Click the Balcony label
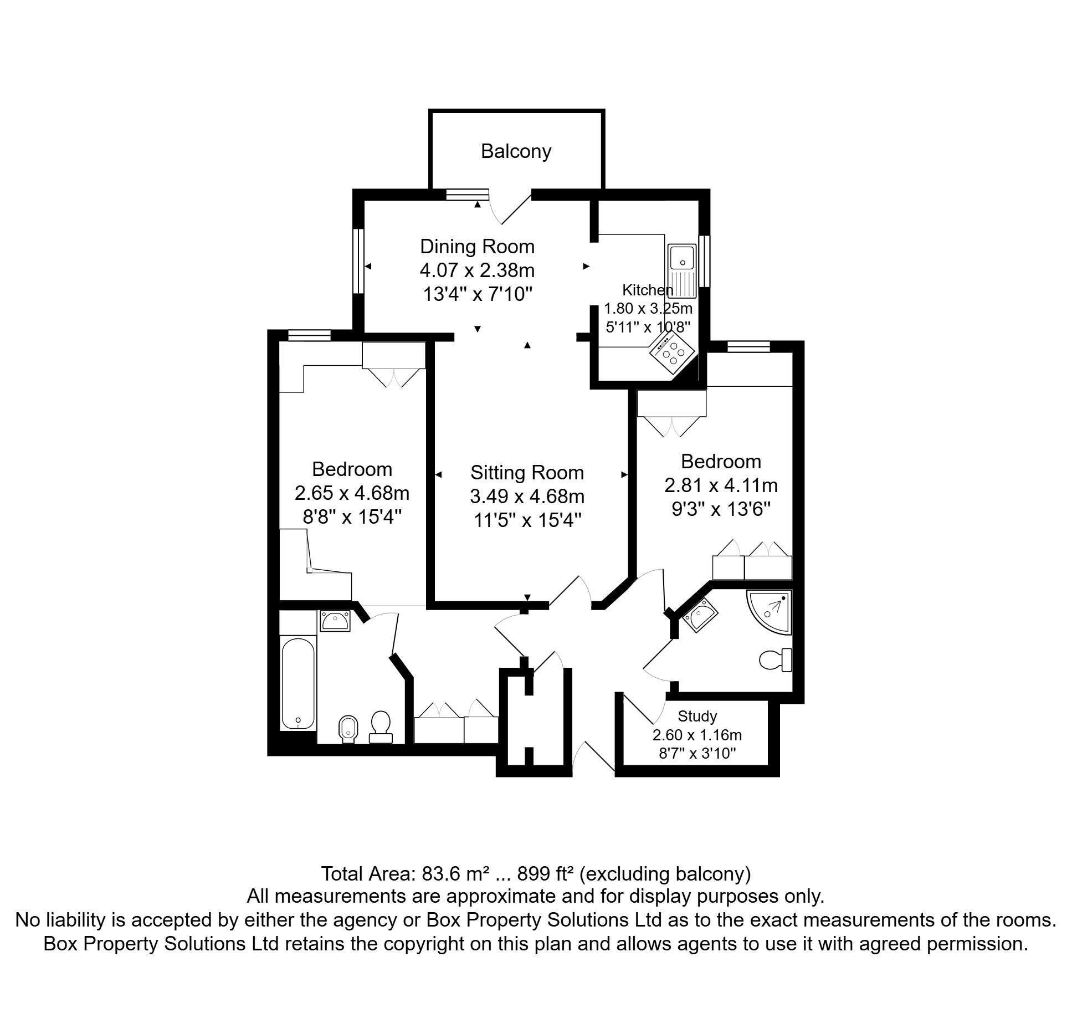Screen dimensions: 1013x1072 point(516,151)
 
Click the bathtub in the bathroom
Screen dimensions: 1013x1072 point(298,684)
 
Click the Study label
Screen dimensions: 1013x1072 point(697,717)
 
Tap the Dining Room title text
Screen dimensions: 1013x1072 point(477,247)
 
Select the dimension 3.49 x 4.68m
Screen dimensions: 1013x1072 point(527,496)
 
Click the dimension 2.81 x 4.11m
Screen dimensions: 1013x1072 point(721,485)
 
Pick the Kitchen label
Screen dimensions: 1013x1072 point(647,290)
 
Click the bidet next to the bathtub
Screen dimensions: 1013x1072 point(347,729)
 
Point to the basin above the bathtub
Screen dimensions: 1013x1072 point(335,621)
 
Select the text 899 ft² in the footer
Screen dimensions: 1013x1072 point(545,874)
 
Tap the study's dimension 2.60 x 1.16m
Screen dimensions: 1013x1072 point(697,735)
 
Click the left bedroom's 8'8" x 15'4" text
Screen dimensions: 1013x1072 point(352,516)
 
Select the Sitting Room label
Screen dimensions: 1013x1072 point(527,473)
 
